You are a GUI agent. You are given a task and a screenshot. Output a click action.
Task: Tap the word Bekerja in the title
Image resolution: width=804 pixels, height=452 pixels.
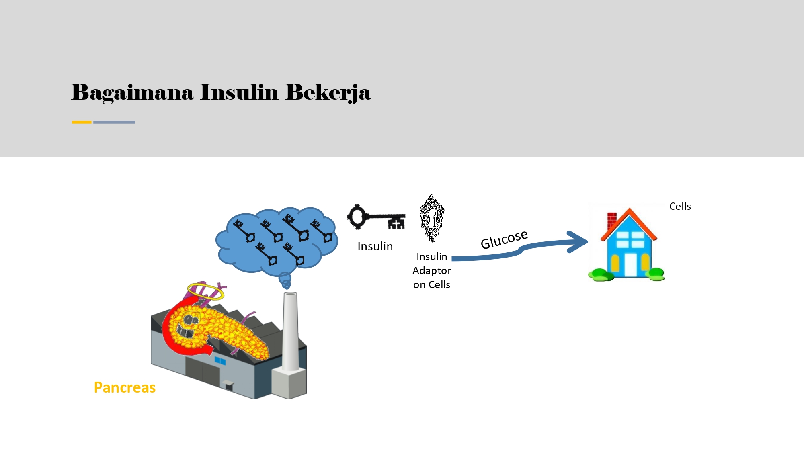(x=328, y=92)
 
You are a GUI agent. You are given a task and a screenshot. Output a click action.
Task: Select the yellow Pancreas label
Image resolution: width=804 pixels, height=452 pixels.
(x=125, y=387)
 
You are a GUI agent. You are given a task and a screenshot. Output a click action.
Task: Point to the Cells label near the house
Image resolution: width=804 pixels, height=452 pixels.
(x=680, y=206)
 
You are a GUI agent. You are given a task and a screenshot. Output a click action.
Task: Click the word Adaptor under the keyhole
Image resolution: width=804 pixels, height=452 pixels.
(x=432, y=270)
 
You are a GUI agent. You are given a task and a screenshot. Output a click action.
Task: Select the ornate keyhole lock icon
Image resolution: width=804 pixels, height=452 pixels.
(x=432, y=218)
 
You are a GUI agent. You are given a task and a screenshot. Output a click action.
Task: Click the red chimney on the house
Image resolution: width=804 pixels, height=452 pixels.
(x=611, y=221)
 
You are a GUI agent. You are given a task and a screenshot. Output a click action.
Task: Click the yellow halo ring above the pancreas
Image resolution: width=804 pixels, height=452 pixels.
(x=205, y=291)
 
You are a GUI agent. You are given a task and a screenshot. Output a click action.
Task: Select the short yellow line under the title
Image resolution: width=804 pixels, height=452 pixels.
(x=82, y=122)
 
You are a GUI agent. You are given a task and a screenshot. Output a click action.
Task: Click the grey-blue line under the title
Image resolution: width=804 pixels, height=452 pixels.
(x=114, y=122)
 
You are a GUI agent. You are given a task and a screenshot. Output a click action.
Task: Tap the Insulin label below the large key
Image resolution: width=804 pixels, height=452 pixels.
(x=375, y=246)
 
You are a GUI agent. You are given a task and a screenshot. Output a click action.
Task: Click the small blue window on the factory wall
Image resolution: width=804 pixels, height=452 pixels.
(x=220, y=360)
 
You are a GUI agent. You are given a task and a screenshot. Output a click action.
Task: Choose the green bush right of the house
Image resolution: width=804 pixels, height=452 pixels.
(x=656, y=274)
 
